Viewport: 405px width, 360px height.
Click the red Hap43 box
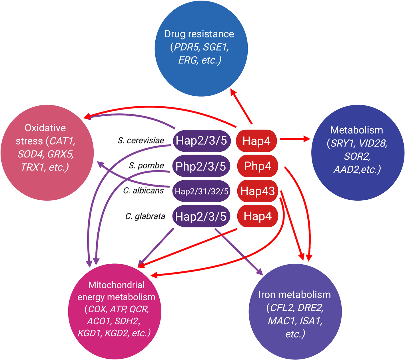(x=257, y=191)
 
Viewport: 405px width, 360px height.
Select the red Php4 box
(x=257, y=166)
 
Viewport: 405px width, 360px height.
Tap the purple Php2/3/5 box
(x=201, y=166)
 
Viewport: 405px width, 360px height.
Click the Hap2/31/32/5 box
(x=201, y=191)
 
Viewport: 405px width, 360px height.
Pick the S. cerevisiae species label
(x=141, y=140)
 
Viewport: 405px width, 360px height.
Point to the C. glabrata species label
(x=145, y=216)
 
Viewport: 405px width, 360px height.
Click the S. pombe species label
(x=146, y=165)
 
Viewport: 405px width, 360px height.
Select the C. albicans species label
(x=143, y=191)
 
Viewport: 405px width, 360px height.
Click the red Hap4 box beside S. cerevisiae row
(x=256, y=141)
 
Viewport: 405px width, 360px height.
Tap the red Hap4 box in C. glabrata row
(x=257, y=216)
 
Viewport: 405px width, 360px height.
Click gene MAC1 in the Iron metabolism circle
(x=281, y=321)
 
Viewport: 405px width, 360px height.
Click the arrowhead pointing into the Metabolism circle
(x=307, y=139)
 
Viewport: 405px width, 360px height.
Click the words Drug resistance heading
(x=199, y=34)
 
